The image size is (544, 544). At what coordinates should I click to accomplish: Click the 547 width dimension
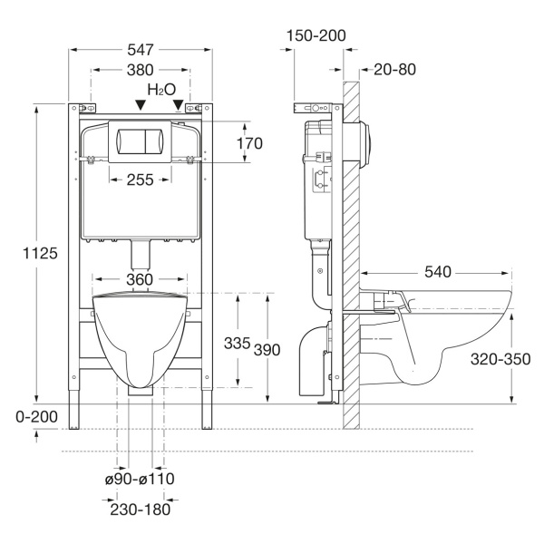141,50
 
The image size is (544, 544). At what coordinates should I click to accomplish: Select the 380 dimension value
141,70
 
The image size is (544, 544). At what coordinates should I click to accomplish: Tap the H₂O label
161,90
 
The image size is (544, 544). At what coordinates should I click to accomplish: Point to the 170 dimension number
249,143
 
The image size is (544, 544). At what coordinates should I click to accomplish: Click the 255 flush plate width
141,180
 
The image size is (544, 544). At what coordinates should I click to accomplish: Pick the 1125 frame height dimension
40,253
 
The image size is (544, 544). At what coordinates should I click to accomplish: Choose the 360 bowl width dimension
140,279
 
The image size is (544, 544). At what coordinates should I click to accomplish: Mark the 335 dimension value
238,343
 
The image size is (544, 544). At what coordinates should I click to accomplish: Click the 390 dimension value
267,350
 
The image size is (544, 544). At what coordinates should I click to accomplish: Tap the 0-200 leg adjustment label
37,417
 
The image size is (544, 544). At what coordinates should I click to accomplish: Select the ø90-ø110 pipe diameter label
140,479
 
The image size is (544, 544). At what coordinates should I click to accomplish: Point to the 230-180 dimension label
141,510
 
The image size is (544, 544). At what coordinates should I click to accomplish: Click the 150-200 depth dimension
316,35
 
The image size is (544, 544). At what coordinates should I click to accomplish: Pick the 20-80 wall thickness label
394,70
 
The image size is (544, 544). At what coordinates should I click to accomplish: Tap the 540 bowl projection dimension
438,272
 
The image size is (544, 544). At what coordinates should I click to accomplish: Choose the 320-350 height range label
500,359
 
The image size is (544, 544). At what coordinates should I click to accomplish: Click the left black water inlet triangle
141,105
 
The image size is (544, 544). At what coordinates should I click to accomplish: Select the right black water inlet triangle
178,105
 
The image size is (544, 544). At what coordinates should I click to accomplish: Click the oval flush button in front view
140,141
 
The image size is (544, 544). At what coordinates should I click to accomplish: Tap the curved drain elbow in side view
312,361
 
